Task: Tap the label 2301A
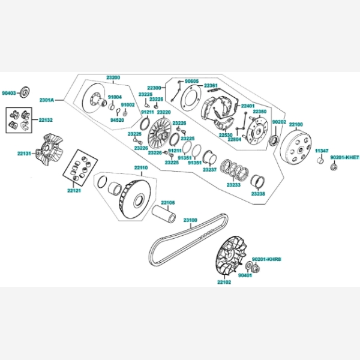click(47, 100)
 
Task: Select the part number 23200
click(113, 77)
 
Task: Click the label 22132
click(46, 121)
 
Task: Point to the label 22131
click(24, 154)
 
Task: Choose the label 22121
click(74, 190)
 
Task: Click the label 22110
click(140, 167)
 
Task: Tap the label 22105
click(167, 203)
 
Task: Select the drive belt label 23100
click(190, 220)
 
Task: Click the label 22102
click(223, 282)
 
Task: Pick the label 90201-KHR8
click(267, 259)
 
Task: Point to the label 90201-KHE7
click(344, 157)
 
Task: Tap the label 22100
click(296, 124)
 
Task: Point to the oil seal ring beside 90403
click(26, 92)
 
